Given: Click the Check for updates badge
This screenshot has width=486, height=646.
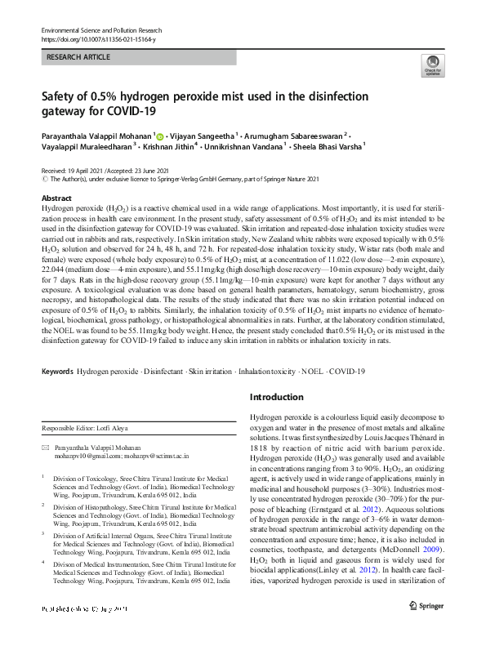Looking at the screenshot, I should (x=432, y=67).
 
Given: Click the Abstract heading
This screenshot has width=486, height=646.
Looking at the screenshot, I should (x=56, y=198).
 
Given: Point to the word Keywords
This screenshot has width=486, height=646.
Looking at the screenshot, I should (x=57, y=372).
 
